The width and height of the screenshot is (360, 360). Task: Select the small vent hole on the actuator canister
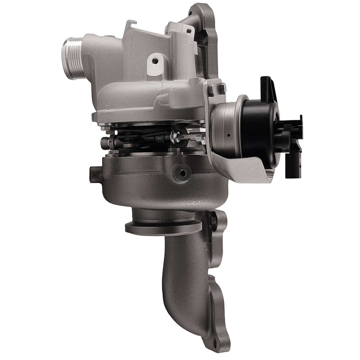(229, 136)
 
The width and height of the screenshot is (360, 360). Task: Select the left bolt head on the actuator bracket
(211, 89)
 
